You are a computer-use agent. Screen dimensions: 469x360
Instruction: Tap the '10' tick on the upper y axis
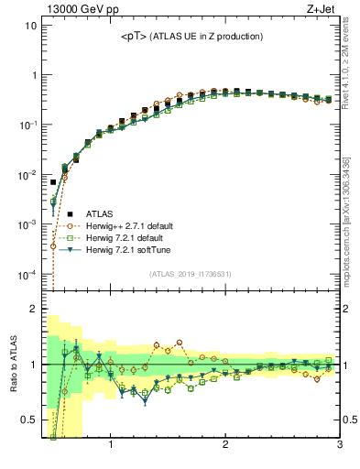[x=30, y=25]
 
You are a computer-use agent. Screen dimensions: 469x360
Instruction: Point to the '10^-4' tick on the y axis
[x=27, y=274]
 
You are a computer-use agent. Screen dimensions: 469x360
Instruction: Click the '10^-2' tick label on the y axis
[x=27, y=174]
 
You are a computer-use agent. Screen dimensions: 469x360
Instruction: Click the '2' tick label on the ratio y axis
[x=33, y=310]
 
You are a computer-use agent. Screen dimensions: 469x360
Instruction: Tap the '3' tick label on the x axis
[x=339, y=446]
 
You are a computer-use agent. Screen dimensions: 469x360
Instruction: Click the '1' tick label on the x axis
[x=111, y=446]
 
